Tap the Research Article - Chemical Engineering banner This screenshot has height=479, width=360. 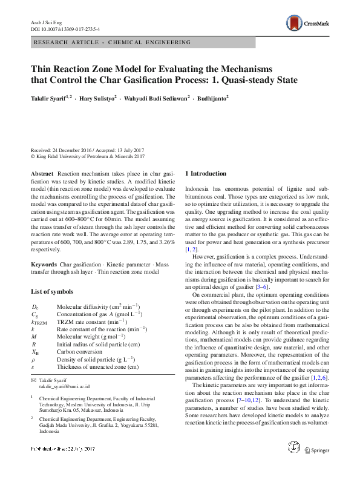point(113,42)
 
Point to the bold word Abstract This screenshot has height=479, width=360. point(42,173)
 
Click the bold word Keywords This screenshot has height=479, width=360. point(44,265)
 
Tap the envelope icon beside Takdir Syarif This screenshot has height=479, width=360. point(33,379)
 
